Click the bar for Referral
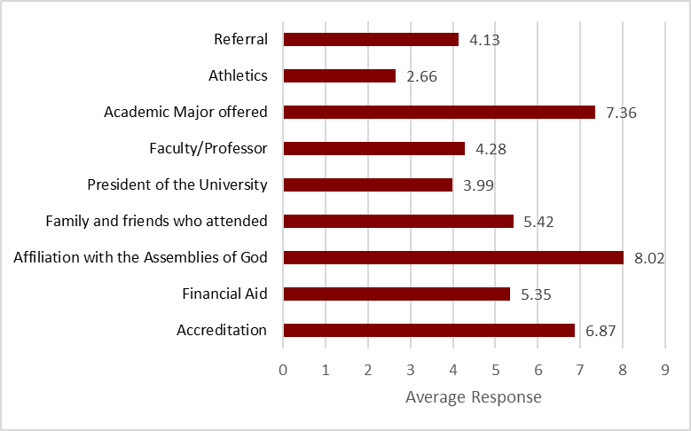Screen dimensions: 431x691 371,39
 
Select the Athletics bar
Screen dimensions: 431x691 339,75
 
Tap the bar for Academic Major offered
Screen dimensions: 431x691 439,112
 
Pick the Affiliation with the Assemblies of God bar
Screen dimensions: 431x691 453,257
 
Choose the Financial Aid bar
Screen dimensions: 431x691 397,294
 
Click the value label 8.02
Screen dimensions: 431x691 649,258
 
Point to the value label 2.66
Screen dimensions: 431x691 421,76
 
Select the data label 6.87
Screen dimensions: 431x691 601,331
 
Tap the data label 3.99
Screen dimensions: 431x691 478,185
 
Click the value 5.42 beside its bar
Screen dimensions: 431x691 539,222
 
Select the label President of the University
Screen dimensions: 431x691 177,184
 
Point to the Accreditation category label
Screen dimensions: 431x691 222,330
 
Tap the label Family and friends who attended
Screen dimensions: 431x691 156,221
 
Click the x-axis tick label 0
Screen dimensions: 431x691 283,368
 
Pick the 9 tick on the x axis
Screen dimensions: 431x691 665,368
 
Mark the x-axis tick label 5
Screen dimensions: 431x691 495,368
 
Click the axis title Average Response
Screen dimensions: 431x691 473,397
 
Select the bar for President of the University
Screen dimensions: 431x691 367,184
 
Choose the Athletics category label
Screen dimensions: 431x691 238,75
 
